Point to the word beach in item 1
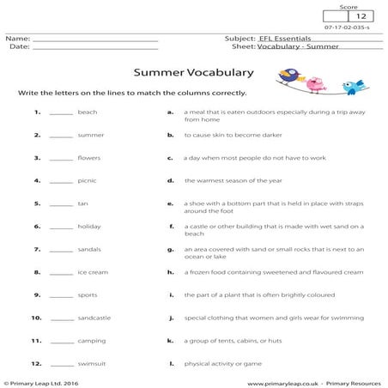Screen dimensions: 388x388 87,112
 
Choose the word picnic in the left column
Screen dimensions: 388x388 88,181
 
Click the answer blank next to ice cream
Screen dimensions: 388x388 61,273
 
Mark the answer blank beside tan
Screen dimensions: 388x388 61,204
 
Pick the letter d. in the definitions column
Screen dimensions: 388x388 171,181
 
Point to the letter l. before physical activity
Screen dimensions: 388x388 171,363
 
